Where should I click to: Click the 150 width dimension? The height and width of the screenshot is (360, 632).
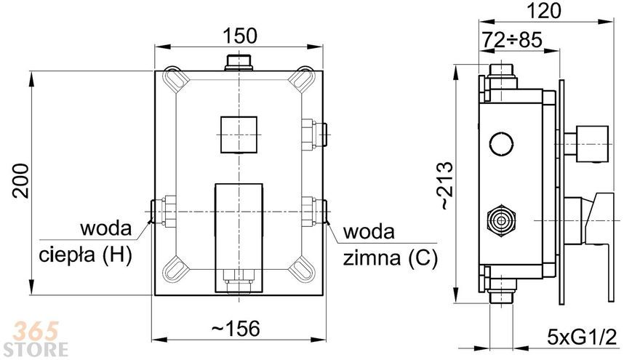[x=239, y=36]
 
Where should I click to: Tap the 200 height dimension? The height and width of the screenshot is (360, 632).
[x=20, y=180]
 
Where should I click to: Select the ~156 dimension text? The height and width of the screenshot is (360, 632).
[x=236, y=329]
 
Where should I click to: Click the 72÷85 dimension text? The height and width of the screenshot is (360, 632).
[x=512, y=40]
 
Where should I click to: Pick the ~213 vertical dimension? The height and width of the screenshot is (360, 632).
[x=446, y=185]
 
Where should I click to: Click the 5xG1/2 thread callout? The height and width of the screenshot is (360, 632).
[x=583, y=336]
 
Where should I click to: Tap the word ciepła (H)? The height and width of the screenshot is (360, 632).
[x=85, y=255]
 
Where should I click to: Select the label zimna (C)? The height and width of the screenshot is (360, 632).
[x=390, y=258]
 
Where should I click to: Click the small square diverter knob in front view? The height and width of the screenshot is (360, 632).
[x=239, y=135]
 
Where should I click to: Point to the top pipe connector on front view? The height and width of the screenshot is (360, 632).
[x=239, y=63]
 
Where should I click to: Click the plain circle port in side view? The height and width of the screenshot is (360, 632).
[x=501, y=143]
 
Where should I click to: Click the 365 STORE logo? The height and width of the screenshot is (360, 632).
[x=39, y=339]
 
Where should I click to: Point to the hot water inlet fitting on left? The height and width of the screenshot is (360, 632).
[x=163, y=211]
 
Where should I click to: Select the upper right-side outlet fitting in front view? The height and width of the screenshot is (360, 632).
[x=314, y=135]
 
